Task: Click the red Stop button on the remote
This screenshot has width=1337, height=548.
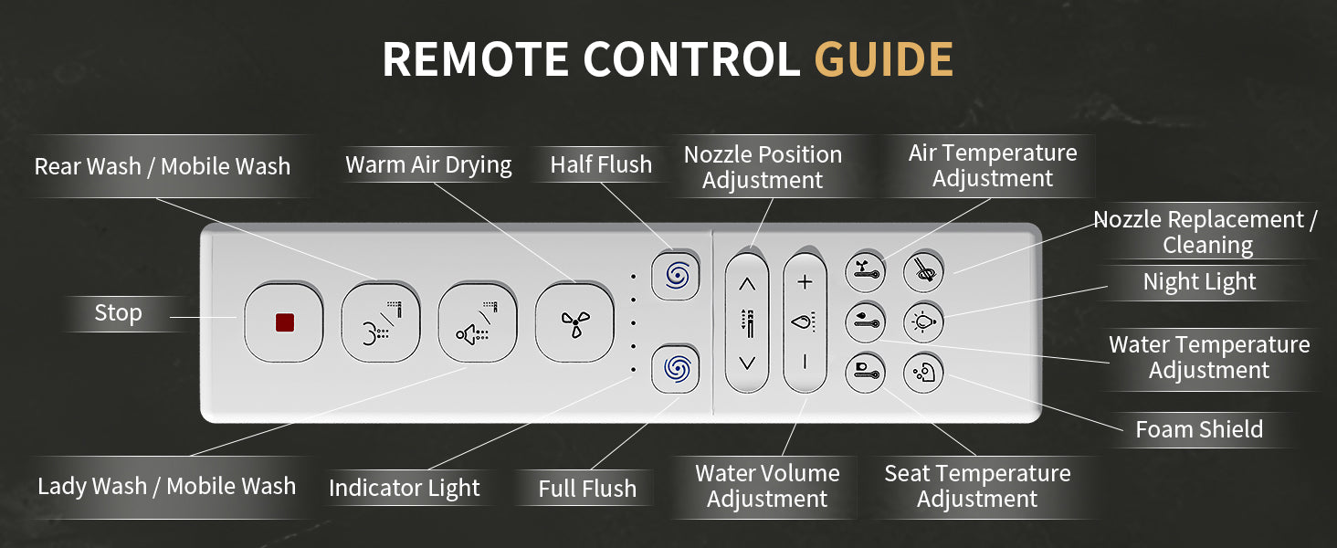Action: [x=284, y=323]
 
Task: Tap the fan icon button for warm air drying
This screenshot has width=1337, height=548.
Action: [x=574, y=323]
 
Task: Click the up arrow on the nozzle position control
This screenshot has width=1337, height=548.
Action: [x=747, y=284]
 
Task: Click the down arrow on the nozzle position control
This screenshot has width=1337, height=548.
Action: [x=747, y=363]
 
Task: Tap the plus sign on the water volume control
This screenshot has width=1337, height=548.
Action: [x=805, y=281]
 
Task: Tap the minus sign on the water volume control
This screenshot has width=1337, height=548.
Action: [x=805, y=362]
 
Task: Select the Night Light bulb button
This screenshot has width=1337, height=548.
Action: [x=923, y=322]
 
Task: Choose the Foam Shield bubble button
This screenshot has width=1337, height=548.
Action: [x=923, y=373]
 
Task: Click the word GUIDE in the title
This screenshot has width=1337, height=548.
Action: [x=884, y=59]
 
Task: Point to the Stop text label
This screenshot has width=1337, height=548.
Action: [x=118, y=312]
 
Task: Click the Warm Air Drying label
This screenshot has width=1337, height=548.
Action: [x=428, y=164]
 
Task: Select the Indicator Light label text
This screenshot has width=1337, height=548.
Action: [x=404, y=488]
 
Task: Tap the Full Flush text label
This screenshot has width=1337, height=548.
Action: [x=587, y=489]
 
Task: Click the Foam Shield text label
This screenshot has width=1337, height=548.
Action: [x=1199, y=429]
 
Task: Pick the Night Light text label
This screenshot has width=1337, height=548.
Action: [x=1199, y=281]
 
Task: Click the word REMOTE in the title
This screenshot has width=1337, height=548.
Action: [x=476, y=59]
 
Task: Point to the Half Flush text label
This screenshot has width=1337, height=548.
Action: [x=601, y=164]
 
